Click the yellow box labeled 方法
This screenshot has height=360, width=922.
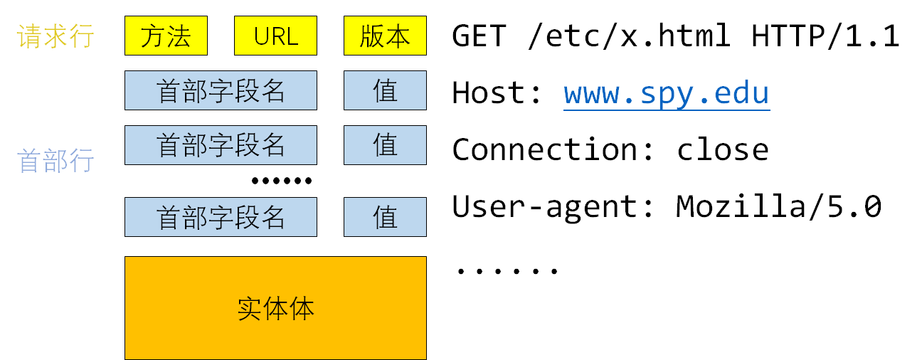click(166, 36)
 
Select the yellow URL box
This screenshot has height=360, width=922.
click(275, 36)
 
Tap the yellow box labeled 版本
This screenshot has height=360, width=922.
click(385, 36)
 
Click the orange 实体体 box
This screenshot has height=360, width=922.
click(275, 308)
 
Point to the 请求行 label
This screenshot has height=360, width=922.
click(55, 36)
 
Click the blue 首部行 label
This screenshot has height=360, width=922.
click(55, 161)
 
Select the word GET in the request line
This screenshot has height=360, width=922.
click(479, 36)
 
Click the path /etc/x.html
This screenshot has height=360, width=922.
click(629, 36)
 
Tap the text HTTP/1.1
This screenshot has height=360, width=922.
click(825, 36)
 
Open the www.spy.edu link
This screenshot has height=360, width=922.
click(667, 93)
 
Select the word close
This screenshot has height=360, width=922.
click(722, 150)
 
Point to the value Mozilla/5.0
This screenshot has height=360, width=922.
click(778, 207)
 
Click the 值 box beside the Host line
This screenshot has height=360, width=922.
click(385, 90)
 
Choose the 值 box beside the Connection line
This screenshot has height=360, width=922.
click(385, 145)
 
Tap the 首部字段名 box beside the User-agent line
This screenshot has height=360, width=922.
click(221, 217)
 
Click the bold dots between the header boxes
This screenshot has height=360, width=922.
click(282, 181)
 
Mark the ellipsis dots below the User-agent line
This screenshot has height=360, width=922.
click(507, 270)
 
